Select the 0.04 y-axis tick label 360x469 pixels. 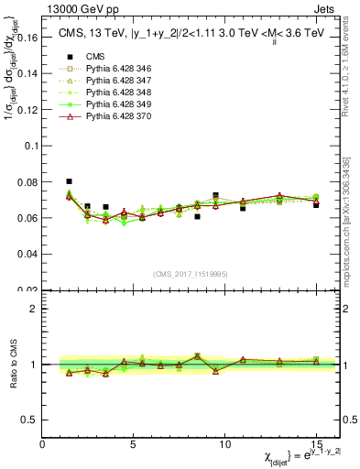point(29,256)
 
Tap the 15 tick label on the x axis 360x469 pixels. point(316,444)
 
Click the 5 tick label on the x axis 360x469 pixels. point(134,444)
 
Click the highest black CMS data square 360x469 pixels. point(70,181)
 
